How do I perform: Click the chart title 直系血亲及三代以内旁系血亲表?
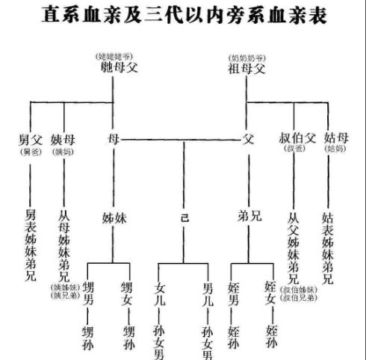(184, 16)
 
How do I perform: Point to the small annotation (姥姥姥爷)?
(114, 57)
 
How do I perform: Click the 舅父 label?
(30, 139)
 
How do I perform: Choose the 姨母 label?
(63, 139)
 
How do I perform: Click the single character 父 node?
(248, 139)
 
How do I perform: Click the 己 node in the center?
(184, 217)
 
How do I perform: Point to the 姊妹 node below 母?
(114, 217)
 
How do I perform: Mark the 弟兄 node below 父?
(248, 217)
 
